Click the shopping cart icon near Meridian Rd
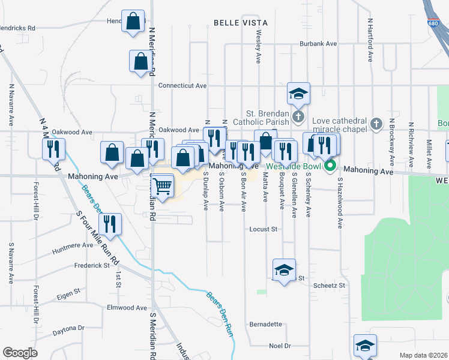[x=162, y=185]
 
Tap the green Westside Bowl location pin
[x=329, y=166]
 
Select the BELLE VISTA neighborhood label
[x=240, y=22]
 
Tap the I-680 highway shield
[x=434, y=23]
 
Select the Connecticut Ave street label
[x=182, y=85]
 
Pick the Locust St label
[x=264, y=229]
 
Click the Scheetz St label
[x=330, y=286]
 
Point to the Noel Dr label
[x=280, y=346]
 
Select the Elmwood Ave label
[x=127, y=308]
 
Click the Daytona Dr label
[x=68, y=328]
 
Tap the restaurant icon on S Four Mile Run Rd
[x=110, y=225]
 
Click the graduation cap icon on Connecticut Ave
[x=298, y=94]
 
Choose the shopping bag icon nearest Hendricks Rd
[x=133, y=22]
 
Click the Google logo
[x=20, y=352]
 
